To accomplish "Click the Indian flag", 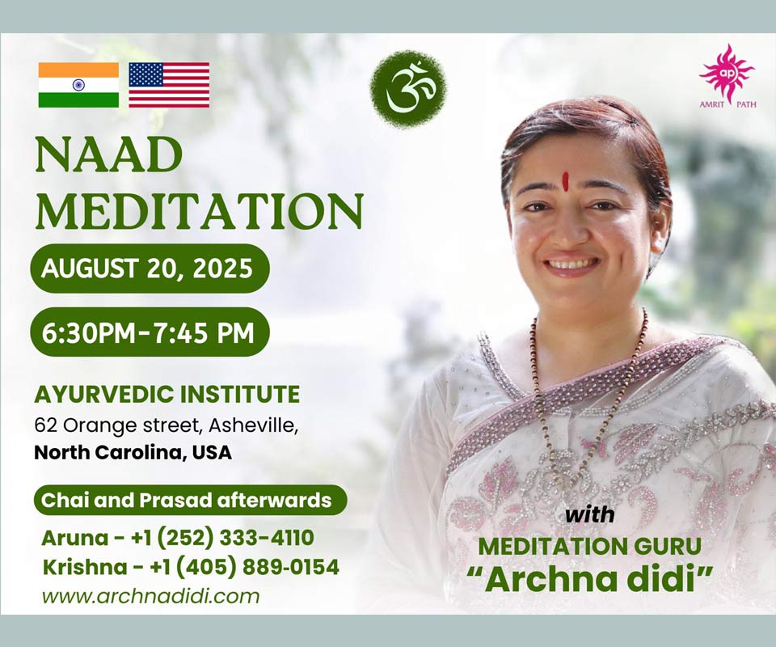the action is tap(78, 85).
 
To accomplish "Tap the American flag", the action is tap(169, 85).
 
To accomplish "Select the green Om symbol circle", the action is tap(408, 88).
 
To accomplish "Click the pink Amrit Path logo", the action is tap(727, 76).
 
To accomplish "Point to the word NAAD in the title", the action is tap(108, 154).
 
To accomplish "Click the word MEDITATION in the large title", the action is tap(200, 210).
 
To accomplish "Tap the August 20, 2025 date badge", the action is tap(150, 269).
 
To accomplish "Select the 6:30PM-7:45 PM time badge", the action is tap(150, 332).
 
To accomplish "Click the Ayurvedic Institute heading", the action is tap(167, 395).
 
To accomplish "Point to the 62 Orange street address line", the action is tap(167, 425).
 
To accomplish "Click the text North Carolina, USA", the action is tap(133, 452).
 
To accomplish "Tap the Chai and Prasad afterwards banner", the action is tap(190, 500).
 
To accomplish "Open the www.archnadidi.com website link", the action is tap(151, 595).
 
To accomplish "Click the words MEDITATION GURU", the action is tap(590, 547).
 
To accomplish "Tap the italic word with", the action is tap(590, 515).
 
